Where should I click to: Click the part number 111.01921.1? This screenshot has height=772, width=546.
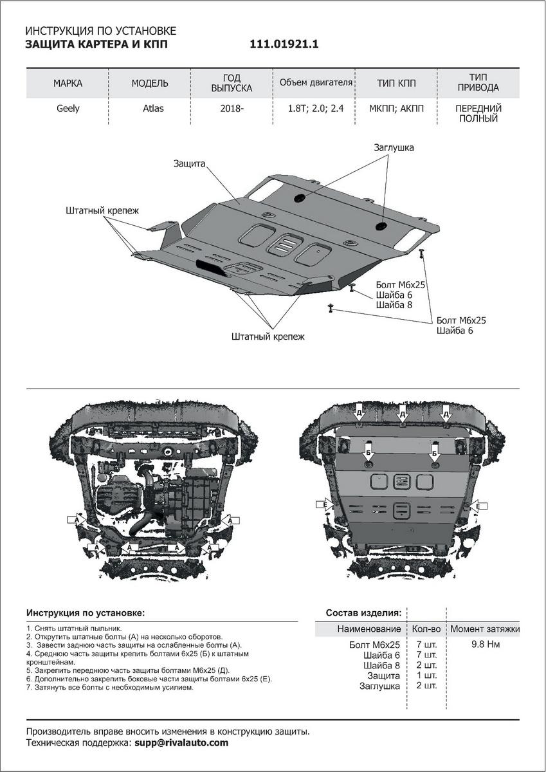click(284, 44)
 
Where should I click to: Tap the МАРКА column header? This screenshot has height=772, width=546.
click(68, 83)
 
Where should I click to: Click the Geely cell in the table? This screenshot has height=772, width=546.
click(68, 108)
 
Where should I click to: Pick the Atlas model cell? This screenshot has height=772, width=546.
click(153, 108)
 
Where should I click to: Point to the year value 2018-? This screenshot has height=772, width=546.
click(232, 108)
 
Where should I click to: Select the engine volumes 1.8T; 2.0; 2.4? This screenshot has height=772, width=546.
click(316, 108)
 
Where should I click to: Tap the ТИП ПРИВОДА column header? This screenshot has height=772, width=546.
click(479, 82)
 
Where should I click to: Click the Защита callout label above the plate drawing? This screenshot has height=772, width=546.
click(188, 163)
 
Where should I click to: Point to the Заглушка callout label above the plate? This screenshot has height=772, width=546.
click(394, 147)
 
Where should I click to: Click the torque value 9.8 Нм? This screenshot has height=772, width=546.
click(485, 644)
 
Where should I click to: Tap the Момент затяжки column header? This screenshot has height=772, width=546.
click(484, 629)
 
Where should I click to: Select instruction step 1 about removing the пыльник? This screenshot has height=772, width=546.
click(74, 628)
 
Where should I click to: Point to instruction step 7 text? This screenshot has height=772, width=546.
click(110, 687)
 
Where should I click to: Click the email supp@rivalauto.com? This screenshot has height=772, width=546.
click(181, 742)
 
